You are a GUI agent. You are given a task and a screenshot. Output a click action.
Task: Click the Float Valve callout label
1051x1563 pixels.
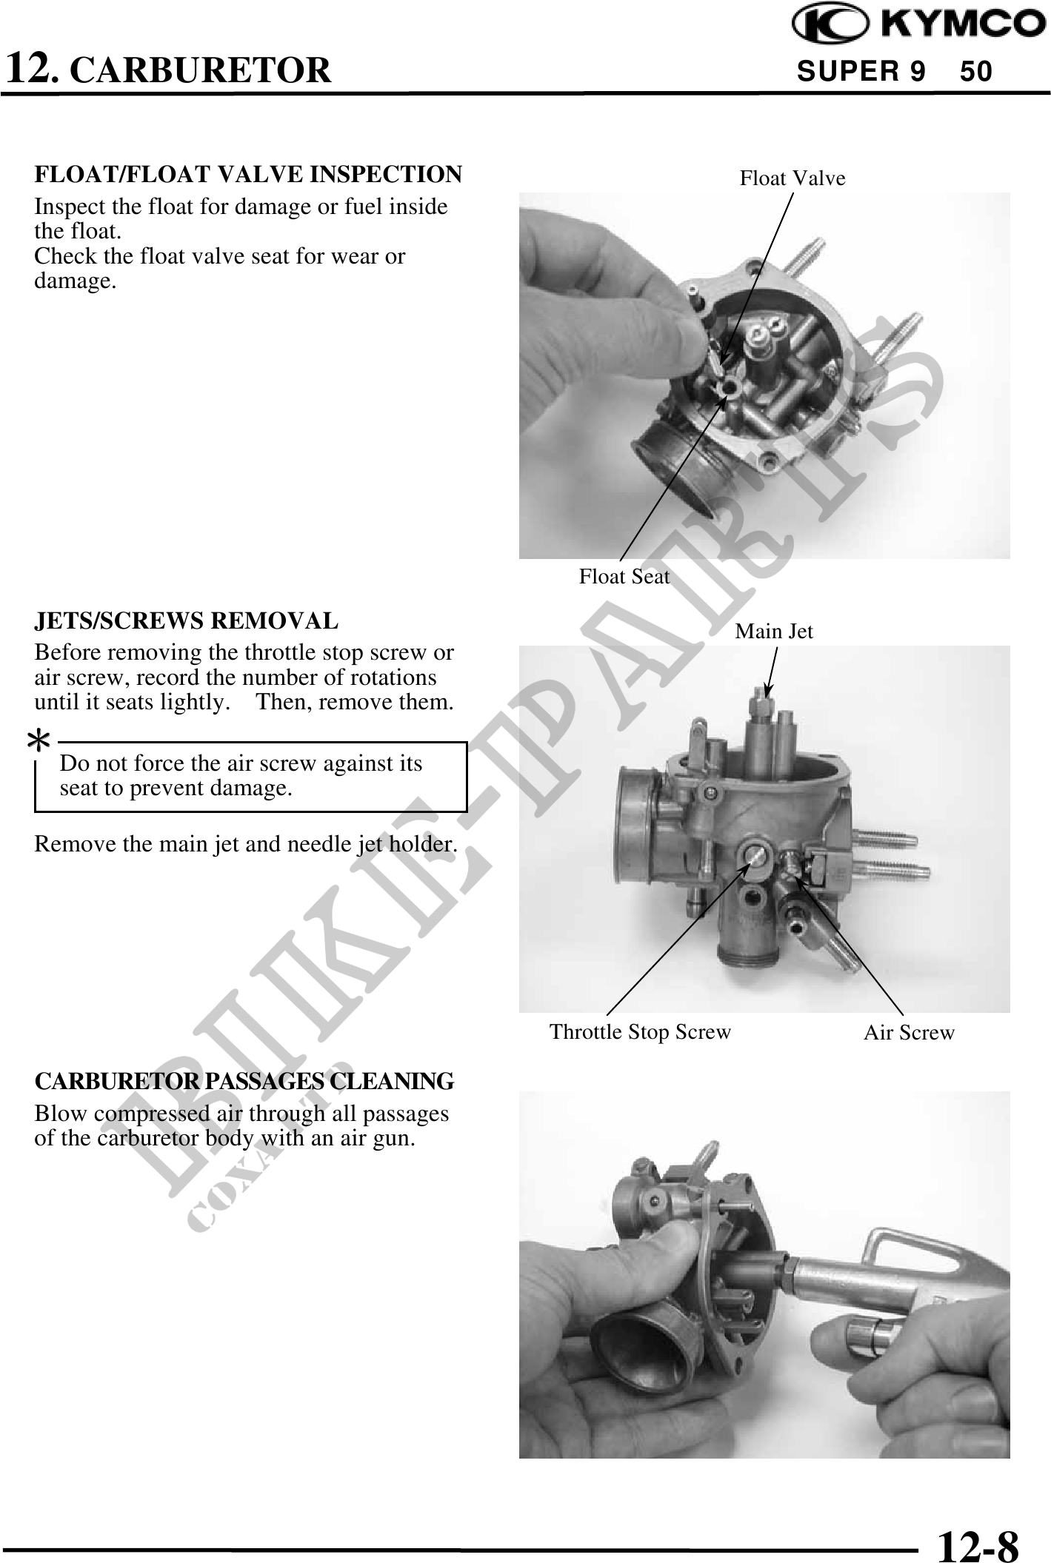click(793, 178)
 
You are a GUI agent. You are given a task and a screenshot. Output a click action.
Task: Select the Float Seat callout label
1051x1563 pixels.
click(624, 576)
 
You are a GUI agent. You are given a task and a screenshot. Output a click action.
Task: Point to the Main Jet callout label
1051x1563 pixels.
click(774, 631)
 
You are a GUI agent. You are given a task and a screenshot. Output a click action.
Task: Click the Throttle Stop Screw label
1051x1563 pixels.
click(640, 1031)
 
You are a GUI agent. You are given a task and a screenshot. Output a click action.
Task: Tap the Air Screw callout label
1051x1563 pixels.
click(910, 1032)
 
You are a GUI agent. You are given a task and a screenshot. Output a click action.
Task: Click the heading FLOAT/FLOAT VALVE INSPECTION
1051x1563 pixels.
click(248, 175)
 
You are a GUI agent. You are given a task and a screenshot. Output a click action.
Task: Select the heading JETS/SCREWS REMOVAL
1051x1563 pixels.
click(187, 620)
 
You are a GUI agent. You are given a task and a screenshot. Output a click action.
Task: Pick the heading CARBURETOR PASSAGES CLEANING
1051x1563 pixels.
click(244, 1081)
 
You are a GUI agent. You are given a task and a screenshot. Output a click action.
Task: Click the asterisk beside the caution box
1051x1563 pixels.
click(39, 742)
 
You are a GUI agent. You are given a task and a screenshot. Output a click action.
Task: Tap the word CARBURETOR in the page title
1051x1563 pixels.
click(204, 70)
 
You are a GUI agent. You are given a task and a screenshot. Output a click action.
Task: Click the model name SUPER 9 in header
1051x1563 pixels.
click(861, 71)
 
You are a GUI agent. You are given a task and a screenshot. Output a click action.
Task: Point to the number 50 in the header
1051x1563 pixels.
click(976, 71)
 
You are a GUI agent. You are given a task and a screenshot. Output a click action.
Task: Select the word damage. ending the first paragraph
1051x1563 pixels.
click(76, 281)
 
